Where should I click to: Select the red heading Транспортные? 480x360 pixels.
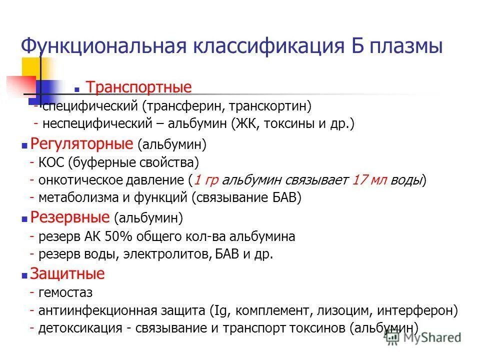[139, 87]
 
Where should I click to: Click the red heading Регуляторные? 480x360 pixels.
[83, 144]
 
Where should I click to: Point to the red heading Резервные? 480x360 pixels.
[70, 217]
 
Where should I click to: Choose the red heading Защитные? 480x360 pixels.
[67, 274]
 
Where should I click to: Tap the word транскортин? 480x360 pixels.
[272, 106]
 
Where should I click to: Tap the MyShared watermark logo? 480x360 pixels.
[423, 338]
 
